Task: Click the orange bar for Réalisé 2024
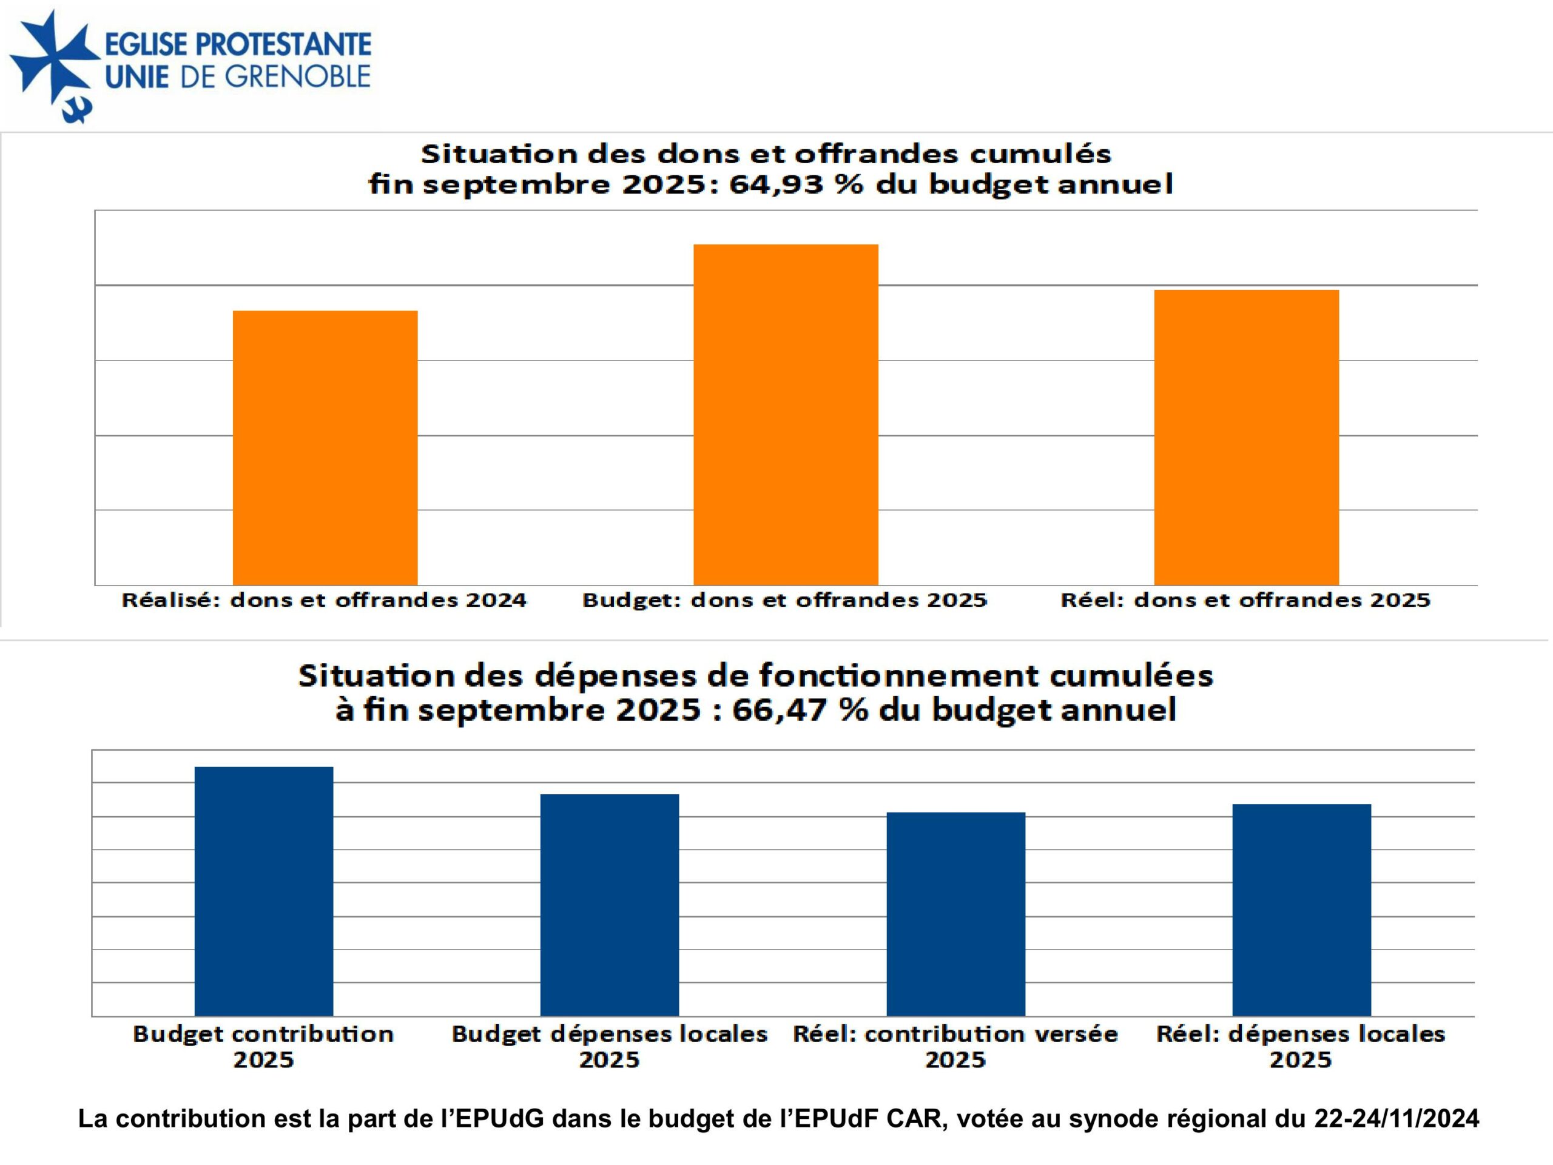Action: pyautogui.click(x=325, y=447)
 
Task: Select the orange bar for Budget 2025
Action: pyautogui.click(x=786, y=414)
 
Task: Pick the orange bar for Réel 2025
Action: pyautogui.click(x=1246, y=437)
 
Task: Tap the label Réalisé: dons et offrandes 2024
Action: pyautogui.click(x=324, y=601)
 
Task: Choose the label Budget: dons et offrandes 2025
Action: pyautogui.click(x=785, y=601)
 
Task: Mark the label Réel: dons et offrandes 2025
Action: pyautogui.click(x=1245, y=601)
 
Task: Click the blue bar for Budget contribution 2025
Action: pyautogui.click(x=264, y=890)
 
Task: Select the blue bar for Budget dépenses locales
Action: pyautogui.click(x=610, y=905)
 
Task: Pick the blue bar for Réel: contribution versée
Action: pyautogui.click(x=955, y=914)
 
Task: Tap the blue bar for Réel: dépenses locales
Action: pyautogui.click(x=1302, y=910)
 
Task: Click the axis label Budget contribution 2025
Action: pyautogui.click(x=263, y=1046)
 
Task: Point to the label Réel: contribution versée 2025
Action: pyautogui.click(x=955, y=1046)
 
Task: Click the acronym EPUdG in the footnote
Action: pyautogui.click(x=499, y=1118)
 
